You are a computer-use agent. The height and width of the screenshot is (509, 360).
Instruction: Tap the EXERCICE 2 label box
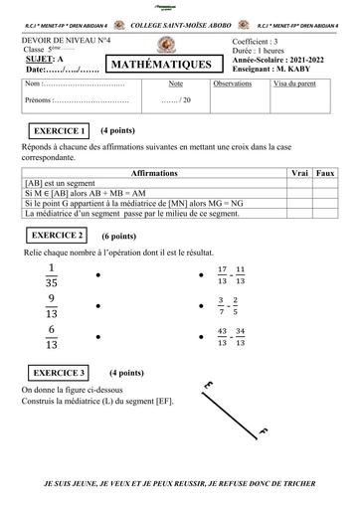pyautogui.click(x=57, y=236)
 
